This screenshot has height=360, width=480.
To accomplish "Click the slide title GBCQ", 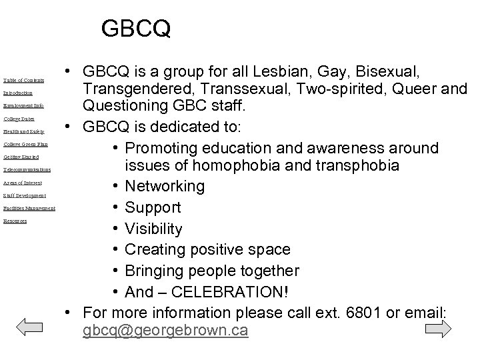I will (136, 28).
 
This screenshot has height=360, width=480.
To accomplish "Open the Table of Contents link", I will (23, 80).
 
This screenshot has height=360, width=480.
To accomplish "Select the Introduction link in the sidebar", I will (17, 93).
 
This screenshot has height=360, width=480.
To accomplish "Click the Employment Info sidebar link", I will (23, 105).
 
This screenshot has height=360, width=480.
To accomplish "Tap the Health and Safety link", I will (23, 131).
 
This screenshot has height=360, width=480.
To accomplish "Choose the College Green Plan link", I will (25, 144).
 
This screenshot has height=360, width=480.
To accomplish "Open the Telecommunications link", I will (27, 170).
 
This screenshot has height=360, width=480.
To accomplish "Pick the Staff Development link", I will (25, 195).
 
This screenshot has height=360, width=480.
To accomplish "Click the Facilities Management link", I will (29, 209).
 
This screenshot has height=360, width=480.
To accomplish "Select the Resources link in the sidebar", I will (15, 221).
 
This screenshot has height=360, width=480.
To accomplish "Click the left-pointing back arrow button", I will (28, 329).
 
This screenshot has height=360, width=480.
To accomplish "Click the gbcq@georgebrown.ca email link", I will (165, 330).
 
